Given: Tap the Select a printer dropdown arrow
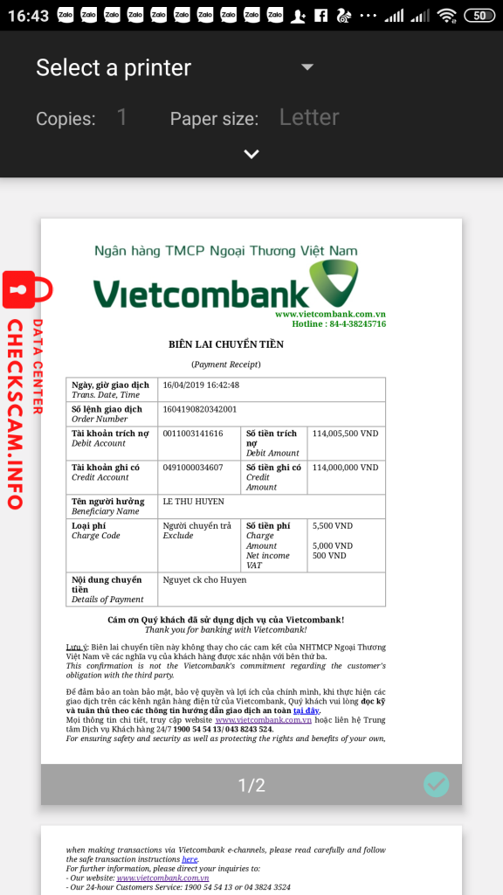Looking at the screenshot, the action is [x=307, y=67].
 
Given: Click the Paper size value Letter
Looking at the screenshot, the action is [x=309, y=117].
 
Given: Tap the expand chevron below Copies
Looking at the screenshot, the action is [x=251, y=154].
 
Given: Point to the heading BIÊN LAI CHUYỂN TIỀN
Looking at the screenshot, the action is [x=226, y=344].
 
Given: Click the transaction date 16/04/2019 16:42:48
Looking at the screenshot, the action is [x=201, y=385].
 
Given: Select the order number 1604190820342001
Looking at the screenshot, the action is [x=199, y=409].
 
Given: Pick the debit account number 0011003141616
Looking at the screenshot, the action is [x=193, y=434].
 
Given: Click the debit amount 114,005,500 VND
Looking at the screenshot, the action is [x=345, y=434].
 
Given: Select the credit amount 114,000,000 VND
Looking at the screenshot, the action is [x=345, y=468].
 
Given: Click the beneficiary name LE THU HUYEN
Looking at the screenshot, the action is [x=193, y=502].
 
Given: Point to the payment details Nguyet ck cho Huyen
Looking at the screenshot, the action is [x=204, y=579].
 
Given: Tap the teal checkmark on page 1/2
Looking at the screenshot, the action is [x=436, y=785].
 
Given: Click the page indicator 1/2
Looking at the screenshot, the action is [x=251, y=786].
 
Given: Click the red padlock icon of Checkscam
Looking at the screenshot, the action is [x=27, y=290].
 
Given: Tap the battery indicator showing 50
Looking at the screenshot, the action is [x=479, y=16].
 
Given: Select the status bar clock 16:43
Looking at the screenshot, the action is [x=27, y=16].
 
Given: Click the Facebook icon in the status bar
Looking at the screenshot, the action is [x=320, y=16].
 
